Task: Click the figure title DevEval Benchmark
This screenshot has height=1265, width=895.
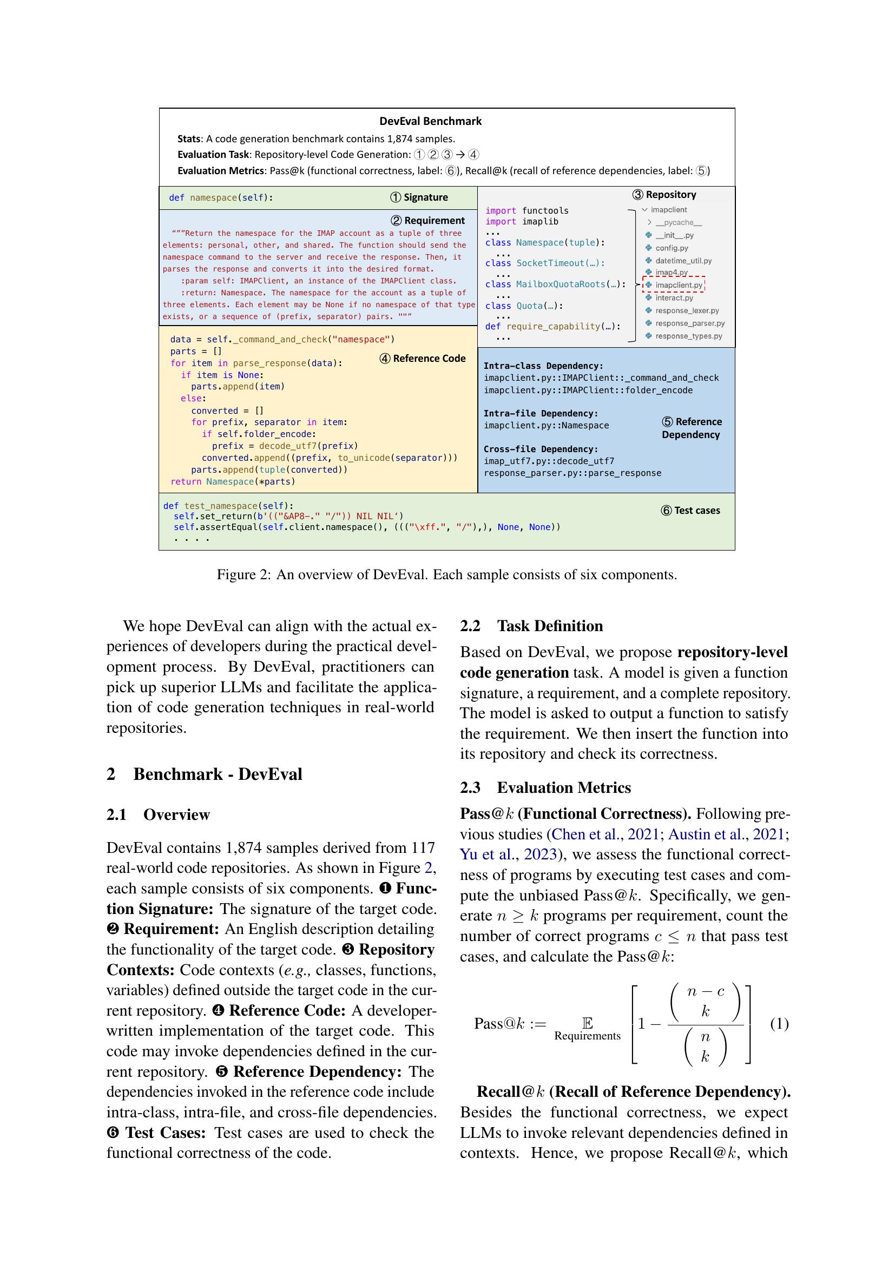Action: pos(430,121)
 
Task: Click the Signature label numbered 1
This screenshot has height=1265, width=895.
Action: pos(419,197)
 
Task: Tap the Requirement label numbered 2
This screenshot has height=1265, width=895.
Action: pos(427,220)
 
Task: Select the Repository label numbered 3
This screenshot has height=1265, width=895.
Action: pos(664,195)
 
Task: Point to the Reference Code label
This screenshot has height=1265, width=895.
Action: pos(423,358)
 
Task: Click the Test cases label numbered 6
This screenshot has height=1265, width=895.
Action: pos(690,510)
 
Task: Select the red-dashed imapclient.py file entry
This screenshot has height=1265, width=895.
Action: pos(678,285)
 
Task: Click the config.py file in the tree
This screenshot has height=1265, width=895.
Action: pos(671,248)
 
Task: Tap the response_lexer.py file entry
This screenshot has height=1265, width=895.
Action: pos(686,310)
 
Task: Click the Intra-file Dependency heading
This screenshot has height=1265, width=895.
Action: pos(541,413)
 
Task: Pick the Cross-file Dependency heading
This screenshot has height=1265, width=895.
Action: pos(541,449)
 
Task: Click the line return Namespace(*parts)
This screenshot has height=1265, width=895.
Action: pos(233,481)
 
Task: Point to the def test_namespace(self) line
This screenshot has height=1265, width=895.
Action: pos(228,506)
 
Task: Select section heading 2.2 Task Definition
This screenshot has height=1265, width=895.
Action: pos(531,626)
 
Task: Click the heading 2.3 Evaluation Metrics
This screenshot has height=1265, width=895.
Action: pos(545,787)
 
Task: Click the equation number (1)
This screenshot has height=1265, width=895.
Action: pos(779,1024)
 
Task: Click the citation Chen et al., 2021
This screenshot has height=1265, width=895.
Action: pos(605,834)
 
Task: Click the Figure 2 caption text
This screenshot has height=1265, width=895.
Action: pos(446,575)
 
